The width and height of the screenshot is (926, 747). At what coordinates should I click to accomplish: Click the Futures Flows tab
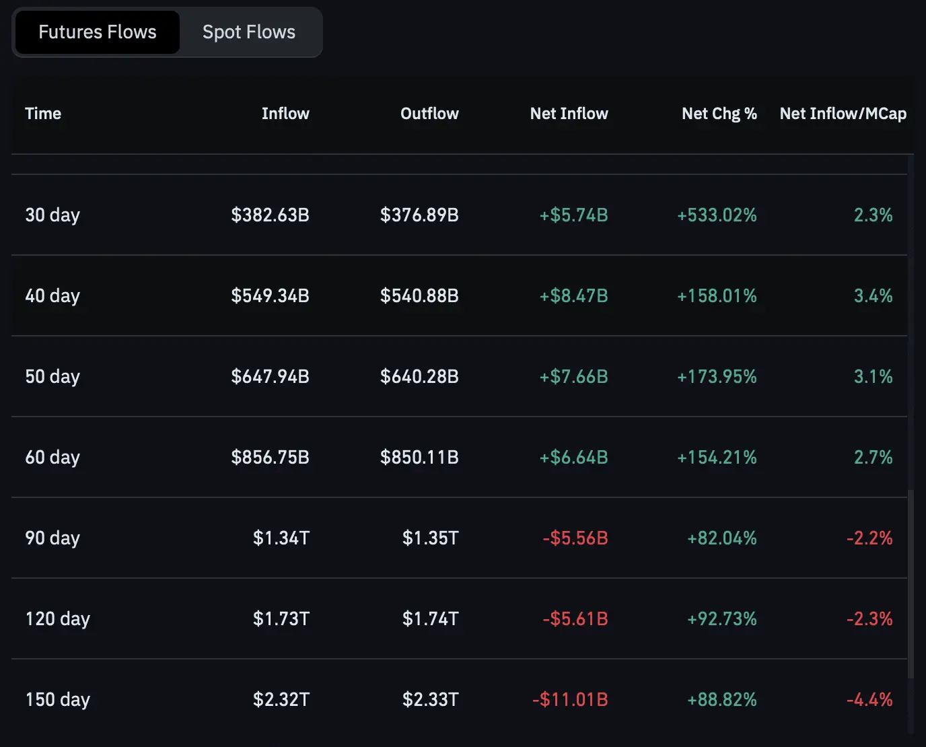pyautogui.click(x=97, y=32)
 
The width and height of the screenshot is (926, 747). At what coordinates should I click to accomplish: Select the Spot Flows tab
pyautogui.click(x=249, y=32)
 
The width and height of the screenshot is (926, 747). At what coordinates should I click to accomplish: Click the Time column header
pyautogui.click(x=43, y=114)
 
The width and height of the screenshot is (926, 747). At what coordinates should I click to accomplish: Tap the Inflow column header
pyautogui.click(x=285, y=114)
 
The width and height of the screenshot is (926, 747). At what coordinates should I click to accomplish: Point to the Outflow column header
pyautogui.click(x=429, y=114)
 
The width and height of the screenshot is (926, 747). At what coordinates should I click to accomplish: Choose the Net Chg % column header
pyautogui.click(x=719, y=114)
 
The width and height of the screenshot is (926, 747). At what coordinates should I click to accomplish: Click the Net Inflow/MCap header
pyautogui.click(x=843, y=114)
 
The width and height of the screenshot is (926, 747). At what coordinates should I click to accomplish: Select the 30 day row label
pyautogui.click(x=52, y=215)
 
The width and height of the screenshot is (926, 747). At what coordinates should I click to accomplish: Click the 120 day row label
pyautogui.click(x=58, y=619)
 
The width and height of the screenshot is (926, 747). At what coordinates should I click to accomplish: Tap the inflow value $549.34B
pyautogui.click(x=270, y=296)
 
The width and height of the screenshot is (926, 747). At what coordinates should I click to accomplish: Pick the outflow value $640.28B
pyautogui.click(x=419, y=377)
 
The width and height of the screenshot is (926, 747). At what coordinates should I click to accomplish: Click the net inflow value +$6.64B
pyautogui.click(x=573, y=458)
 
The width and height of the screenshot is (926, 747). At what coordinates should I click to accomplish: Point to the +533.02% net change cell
pyautogui.click(x=717, y=215)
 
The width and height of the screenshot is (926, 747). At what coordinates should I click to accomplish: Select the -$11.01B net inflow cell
pyautogui.click(x=570, y=700)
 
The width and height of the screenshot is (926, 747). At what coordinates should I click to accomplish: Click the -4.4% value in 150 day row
pyautogui.click(x=869, y=700)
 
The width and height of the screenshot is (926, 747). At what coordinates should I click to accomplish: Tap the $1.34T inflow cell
pyautogui.click(x=281, y=538)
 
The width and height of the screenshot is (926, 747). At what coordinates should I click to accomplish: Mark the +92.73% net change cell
pyautogui.click(x=721, y=619)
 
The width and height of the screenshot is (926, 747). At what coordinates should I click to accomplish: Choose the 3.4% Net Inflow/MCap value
pyautogui.click(x=873, y=296)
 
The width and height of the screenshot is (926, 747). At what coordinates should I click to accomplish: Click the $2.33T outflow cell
pyautogui.click(x=430, y=700)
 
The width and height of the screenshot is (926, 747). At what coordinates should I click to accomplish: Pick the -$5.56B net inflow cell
pyautogui.click(x=575, y=538)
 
